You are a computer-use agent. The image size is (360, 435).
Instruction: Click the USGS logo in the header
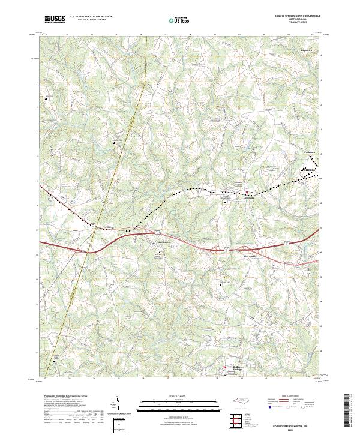56,19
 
